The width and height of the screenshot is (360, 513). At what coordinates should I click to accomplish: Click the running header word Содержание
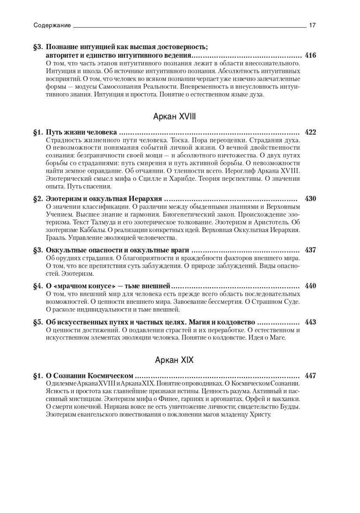click(52, 26)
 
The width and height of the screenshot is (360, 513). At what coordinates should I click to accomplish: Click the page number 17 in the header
click(312, 26)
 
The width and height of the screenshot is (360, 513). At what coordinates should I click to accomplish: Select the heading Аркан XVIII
click(174, 116)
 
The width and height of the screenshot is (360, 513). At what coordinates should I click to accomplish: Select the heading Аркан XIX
click(174, 360)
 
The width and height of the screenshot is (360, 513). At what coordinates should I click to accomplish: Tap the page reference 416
click(310, 56)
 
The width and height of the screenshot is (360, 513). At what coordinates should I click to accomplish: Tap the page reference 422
click(310, 132)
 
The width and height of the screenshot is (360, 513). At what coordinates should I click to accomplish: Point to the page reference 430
click(310, 199)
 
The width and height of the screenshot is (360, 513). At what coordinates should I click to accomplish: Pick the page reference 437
click(310, 250)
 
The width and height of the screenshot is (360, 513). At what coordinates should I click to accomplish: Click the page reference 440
click(310, 286)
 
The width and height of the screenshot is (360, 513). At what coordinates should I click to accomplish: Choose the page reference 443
click(310, 322)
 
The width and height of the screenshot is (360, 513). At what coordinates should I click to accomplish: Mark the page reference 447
click(310, 376)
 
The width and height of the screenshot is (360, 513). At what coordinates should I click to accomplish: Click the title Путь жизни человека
click(81, 132)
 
